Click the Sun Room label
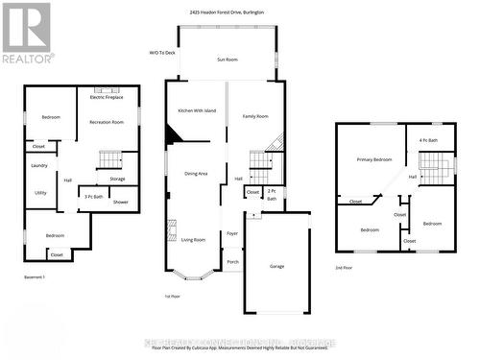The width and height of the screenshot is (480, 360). point(227,59)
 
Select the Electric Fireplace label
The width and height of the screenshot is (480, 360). point(108,97)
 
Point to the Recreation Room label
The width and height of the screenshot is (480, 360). point(108,123)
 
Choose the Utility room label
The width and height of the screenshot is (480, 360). point(41,192)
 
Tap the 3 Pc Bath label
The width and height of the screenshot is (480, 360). point(94,196)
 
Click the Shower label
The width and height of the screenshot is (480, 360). point(120,202)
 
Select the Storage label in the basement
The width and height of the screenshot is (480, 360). point(117,179)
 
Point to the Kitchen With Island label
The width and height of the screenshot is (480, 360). point(196,111)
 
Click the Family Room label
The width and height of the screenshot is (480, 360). point(255,116)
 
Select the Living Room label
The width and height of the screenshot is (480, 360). point(194,240)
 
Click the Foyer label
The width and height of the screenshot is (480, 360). point(231,233)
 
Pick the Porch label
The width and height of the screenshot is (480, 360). point(232,261)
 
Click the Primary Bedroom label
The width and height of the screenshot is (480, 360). point(374,159)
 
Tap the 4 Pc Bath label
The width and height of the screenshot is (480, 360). point(428,141)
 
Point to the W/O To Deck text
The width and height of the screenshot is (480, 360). point(162,53)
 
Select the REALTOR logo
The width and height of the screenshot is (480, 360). point(27,33)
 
